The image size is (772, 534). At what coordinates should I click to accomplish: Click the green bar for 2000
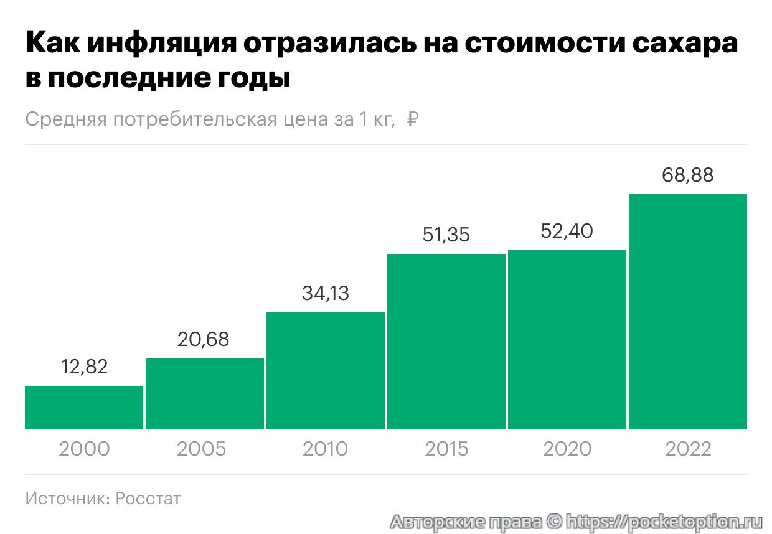click(x=84, y=408)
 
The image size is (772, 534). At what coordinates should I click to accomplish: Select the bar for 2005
click(x=205, y=394)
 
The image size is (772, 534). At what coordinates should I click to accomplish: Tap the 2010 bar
click(x=326, y=371)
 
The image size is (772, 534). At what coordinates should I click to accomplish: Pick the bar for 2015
click(x=446, y=342)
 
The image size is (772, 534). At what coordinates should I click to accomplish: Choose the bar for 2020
click(x=567, y=340)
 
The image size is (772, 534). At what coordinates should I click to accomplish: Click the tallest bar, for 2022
click(x=688, y=312)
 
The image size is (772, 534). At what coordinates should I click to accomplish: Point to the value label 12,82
click(x=84, y=367)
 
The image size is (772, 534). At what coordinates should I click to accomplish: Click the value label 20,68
click(x=204, y=339)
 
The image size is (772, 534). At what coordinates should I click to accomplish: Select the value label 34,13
click(x=325, y=293)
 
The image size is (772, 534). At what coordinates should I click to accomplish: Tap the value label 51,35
click(x=446, y=235)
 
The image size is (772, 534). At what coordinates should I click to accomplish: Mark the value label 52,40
click(x=567, y=231)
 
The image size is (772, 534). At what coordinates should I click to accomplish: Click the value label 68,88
click(x=688, y=175)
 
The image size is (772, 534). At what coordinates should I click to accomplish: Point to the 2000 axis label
click(x=84, y=449)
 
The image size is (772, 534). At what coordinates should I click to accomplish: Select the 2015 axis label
click(x=446, y=449)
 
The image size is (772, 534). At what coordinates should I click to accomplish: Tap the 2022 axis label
click(x=688, y=449)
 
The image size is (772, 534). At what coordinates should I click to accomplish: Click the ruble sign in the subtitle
click(x=412, y=119)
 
